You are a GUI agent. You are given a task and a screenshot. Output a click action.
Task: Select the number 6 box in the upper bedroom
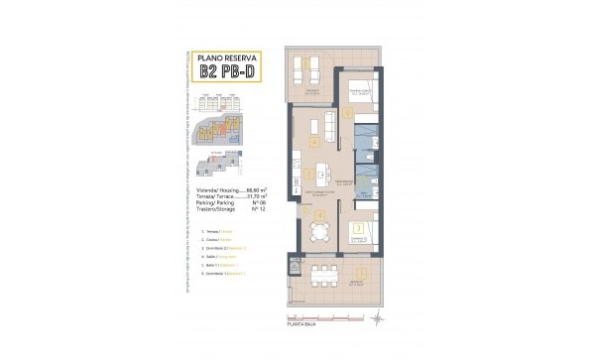click(x=348, y=111)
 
